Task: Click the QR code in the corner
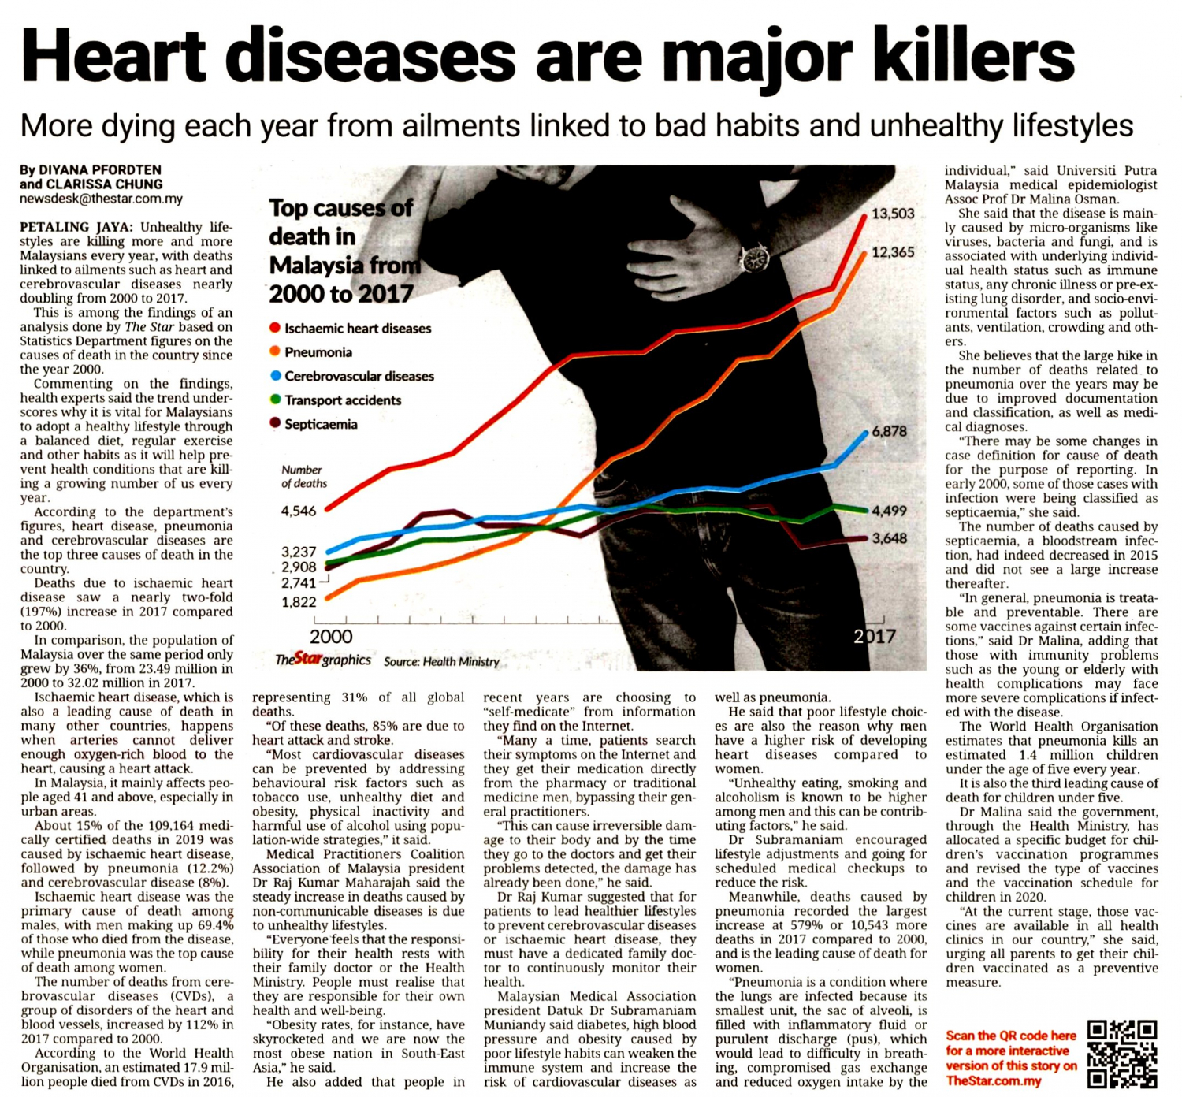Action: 1122,1054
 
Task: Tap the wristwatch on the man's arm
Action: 755,257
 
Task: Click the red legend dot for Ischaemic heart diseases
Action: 275,327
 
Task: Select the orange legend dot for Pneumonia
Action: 275,351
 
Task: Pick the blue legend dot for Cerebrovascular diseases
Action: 275,376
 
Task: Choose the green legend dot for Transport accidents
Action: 275,400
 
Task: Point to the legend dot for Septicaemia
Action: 275,423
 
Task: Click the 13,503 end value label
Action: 893,214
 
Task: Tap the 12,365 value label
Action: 893,252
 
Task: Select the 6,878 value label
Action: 889,431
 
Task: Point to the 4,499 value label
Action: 889,511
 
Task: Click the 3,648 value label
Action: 889,538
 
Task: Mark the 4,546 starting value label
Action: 299,511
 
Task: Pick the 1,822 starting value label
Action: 299,602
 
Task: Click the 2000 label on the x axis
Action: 331,637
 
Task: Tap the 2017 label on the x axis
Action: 875,637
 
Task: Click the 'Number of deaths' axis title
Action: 303,476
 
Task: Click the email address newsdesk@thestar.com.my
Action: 101,199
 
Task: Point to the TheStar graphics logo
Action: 323,660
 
